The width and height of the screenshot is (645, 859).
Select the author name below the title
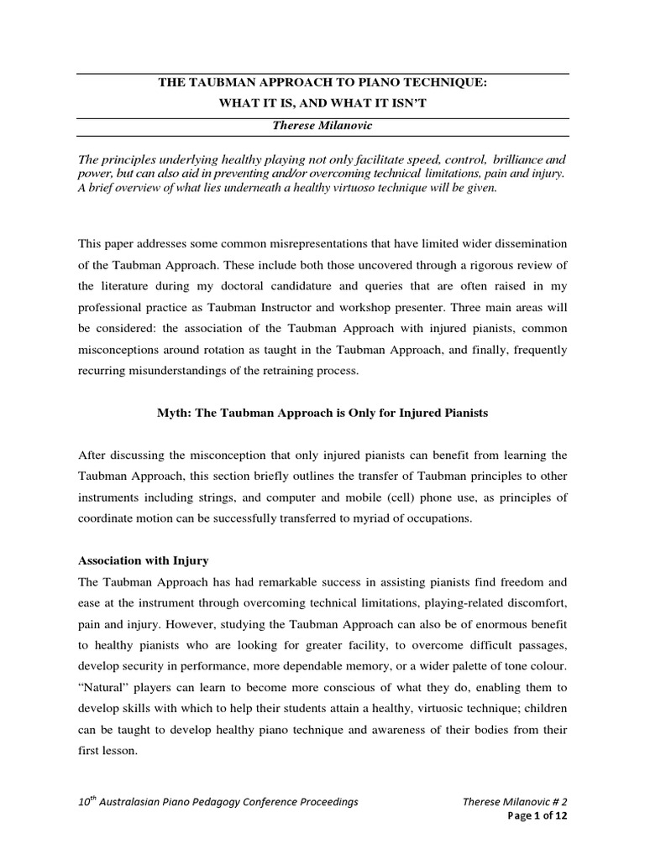(x=322, y=124)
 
